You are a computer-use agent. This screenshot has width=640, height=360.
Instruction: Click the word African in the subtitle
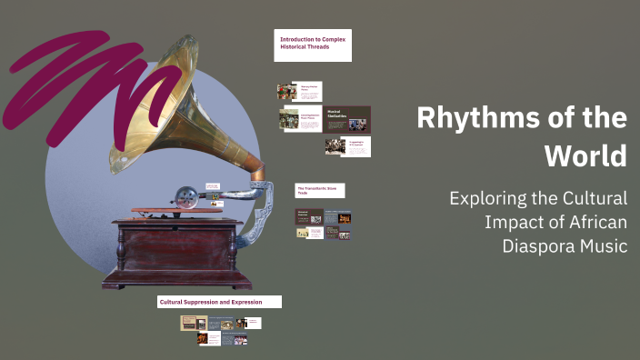point(595,222)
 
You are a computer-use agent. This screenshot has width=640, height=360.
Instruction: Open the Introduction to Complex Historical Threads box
point(313,45)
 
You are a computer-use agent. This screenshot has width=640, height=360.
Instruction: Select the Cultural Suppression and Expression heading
point(219,302)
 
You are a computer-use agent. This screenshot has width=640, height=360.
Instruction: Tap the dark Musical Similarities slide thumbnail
point(347,118)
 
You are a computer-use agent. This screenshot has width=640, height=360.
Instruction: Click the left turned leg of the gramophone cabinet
point(121,249)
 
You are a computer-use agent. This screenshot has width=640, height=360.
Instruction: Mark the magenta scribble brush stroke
point(82,77)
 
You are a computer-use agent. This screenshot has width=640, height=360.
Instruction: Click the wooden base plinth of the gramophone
point(176,278)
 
